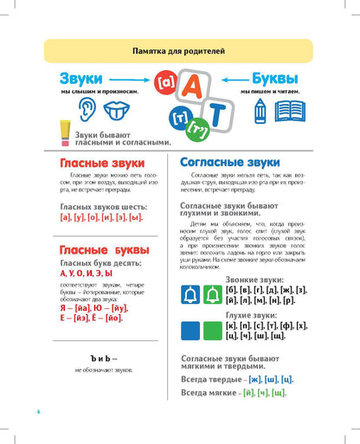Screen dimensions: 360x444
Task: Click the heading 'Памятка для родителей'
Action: click(180, 52)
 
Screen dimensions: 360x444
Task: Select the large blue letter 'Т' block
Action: click(216, 116)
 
